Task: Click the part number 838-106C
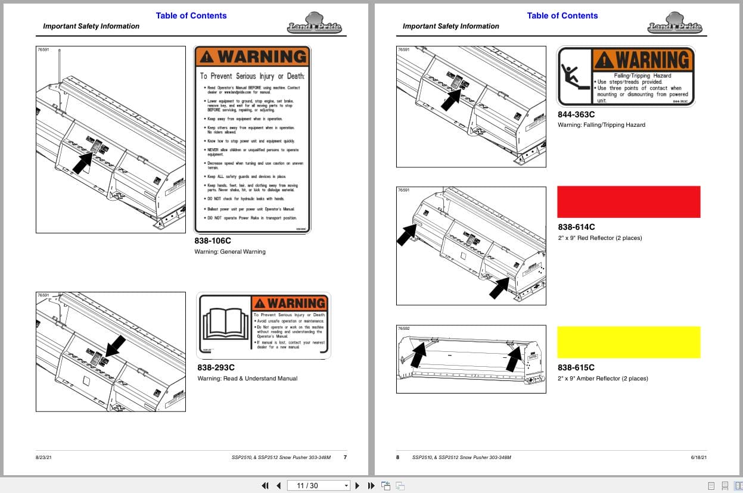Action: coord(212,241)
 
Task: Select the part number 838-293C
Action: coord(216,367)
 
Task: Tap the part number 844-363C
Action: coord(576,114)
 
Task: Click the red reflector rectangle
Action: coord(628,202)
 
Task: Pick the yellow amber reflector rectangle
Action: coord(628,342)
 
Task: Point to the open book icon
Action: coord(225,325)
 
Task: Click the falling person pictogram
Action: coord(573,76)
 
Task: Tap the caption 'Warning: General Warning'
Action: coord(230,252)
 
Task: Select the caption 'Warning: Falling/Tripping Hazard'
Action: coord(601,125)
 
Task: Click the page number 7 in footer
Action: coord(345,457)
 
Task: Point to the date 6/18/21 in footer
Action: coord(698,457)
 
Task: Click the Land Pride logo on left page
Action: coord(310,23)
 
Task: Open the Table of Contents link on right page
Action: coord(562,15)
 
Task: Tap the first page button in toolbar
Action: coord(265,485)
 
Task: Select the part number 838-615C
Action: coord(576,367)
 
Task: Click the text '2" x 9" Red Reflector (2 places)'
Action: coord(599,238)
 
